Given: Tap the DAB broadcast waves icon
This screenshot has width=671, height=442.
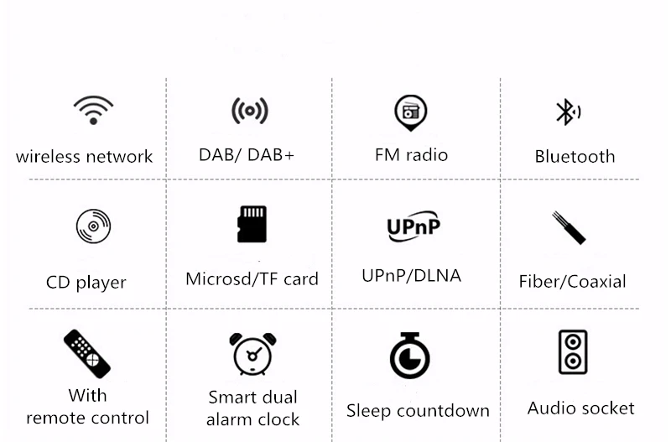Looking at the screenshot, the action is (250, 112).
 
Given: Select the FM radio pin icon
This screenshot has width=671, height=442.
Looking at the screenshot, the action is (411, 112).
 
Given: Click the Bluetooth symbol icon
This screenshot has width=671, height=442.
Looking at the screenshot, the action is (568, 112).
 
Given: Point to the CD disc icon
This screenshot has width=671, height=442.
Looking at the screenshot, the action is (93, 226).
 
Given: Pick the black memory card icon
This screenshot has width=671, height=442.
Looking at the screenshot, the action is (252, 224).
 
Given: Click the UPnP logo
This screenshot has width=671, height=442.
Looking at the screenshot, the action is (414, 226).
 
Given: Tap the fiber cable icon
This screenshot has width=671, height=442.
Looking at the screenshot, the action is (569, 227).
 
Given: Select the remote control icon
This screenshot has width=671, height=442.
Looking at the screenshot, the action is (87, 354).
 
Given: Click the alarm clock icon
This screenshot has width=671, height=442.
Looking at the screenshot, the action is (253, 354).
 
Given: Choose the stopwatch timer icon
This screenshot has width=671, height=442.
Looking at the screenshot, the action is (410, 356).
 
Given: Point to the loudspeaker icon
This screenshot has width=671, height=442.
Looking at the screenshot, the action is (573, 352).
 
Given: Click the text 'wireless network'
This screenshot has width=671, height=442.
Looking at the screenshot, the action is (84, 157).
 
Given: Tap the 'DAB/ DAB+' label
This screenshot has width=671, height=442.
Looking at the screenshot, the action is (247, 155).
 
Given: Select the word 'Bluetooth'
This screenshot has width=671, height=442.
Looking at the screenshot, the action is (575, 157).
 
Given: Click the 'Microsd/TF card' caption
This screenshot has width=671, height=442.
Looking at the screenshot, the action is (252, 279).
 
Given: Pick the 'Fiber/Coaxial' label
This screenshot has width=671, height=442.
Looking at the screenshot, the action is (572, 282).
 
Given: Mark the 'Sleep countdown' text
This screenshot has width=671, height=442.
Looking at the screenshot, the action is (418, 411).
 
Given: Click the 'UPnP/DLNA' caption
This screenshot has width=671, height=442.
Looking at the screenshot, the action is (411, 276).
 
